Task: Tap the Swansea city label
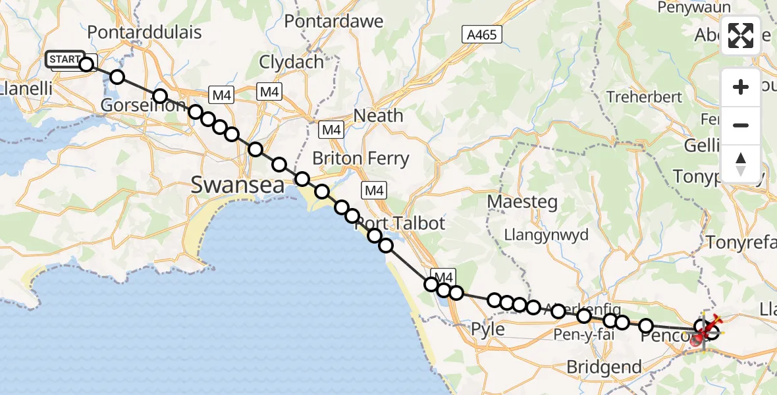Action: click(238, 185)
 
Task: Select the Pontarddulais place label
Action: click(144, 32)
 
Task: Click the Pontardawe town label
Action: click(334, 21)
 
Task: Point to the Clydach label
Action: click(292, 63)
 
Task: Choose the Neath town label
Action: click(378, 116)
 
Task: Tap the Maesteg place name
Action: click(522, 201)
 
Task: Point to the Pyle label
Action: click(489, 329)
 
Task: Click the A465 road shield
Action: click(481, 35)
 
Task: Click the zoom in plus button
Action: click(741, 87)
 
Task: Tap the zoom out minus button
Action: click(741, 125)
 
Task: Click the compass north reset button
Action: click(741, 163)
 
